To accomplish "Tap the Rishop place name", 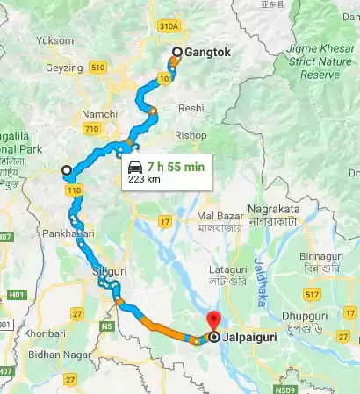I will coord(191,135).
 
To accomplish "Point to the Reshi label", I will coord(191,107).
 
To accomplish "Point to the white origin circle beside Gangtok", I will coord(176,53).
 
